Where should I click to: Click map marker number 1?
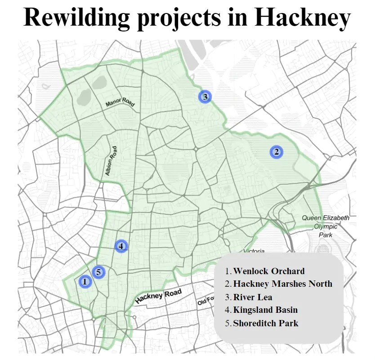[85, 282]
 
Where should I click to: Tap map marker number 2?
[277, 152]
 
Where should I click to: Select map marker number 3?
[205, 96]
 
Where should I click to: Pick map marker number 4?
[121, 246]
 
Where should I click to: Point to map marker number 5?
[98, 272]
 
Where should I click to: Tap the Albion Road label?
[111, 161]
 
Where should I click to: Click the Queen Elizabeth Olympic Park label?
[325, 226]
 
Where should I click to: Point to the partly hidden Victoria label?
[254, 251]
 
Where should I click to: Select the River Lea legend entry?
[252, 297]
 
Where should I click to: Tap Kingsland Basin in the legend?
[265, 310]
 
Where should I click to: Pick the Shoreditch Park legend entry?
[265, 323]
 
